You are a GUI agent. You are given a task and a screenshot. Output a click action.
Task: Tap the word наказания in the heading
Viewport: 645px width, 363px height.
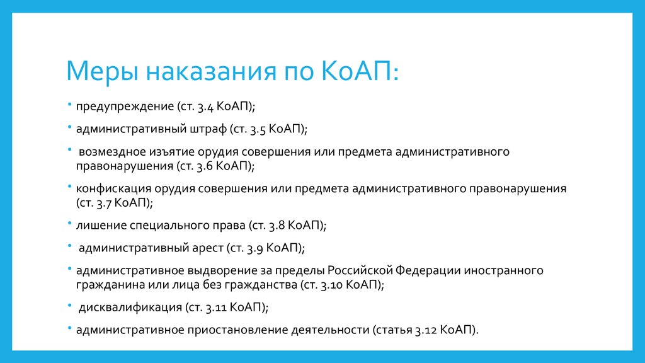[x=211, y=71]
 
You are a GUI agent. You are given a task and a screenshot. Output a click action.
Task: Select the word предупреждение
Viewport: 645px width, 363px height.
[x=125, y=107]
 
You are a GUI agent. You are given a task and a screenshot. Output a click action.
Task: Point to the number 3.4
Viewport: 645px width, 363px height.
[x=205, y=107]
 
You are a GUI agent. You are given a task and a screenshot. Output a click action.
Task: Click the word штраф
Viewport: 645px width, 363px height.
[x=208, y=129]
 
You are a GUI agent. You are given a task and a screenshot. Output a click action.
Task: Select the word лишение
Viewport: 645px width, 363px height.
[x=101, y=226]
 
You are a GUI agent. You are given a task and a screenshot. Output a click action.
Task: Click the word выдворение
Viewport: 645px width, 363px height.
[x=222, y=271]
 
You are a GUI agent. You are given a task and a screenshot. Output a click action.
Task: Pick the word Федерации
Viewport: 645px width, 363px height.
[x=428, y=271]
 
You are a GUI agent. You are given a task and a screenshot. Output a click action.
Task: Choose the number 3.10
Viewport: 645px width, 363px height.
[x=331, y=285]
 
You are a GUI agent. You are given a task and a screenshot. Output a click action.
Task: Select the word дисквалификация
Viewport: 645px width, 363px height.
[x=130, y=308]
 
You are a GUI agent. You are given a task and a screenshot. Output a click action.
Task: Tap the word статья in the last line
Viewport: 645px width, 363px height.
[x=394, y=330]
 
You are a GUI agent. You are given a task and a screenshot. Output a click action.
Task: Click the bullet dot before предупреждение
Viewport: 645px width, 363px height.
[x=70, y=105]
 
